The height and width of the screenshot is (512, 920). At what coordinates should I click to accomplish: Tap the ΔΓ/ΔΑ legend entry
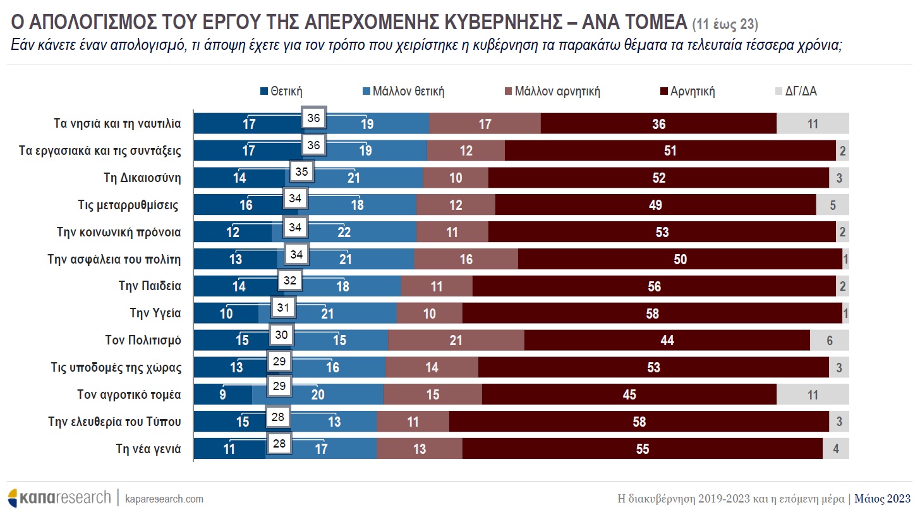coord(801,91)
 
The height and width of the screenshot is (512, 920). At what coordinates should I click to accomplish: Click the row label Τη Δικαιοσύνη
coord(142,178)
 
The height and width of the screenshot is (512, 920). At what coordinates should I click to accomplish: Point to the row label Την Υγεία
coord(155,312)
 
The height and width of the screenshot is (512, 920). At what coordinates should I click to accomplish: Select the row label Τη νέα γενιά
coord(148,449)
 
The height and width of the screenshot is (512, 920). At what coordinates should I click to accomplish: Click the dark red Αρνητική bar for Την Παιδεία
coord(654,286)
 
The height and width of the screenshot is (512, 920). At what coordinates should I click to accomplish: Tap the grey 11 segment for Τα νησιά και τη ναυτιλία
coord(813,124)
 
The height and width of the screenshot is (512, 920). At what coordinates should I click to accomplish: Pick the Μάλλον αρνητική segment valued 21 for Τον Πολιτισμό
coord(456,341)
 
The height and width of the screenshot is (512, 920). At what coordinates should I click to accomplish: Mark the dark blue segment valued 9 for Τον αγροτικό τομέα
coord(222,395)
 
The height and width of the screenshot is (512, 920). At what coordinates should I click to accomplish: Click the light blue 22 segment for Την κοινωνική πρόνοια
coord(344,232)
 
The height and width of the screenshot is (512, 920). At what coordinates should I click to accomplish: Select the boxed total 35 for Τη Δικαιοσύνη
coord(302,171)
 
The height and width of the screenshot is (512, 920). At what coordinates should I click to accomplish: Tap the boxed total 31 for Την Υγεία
coord(284,308)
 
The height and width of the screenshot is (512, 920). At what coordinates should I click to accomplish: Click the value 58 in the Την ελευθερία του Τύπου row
coord(639,422)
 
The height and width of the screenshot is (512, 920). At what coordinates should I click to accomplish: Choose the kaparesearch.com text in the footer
coord(164,499)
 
